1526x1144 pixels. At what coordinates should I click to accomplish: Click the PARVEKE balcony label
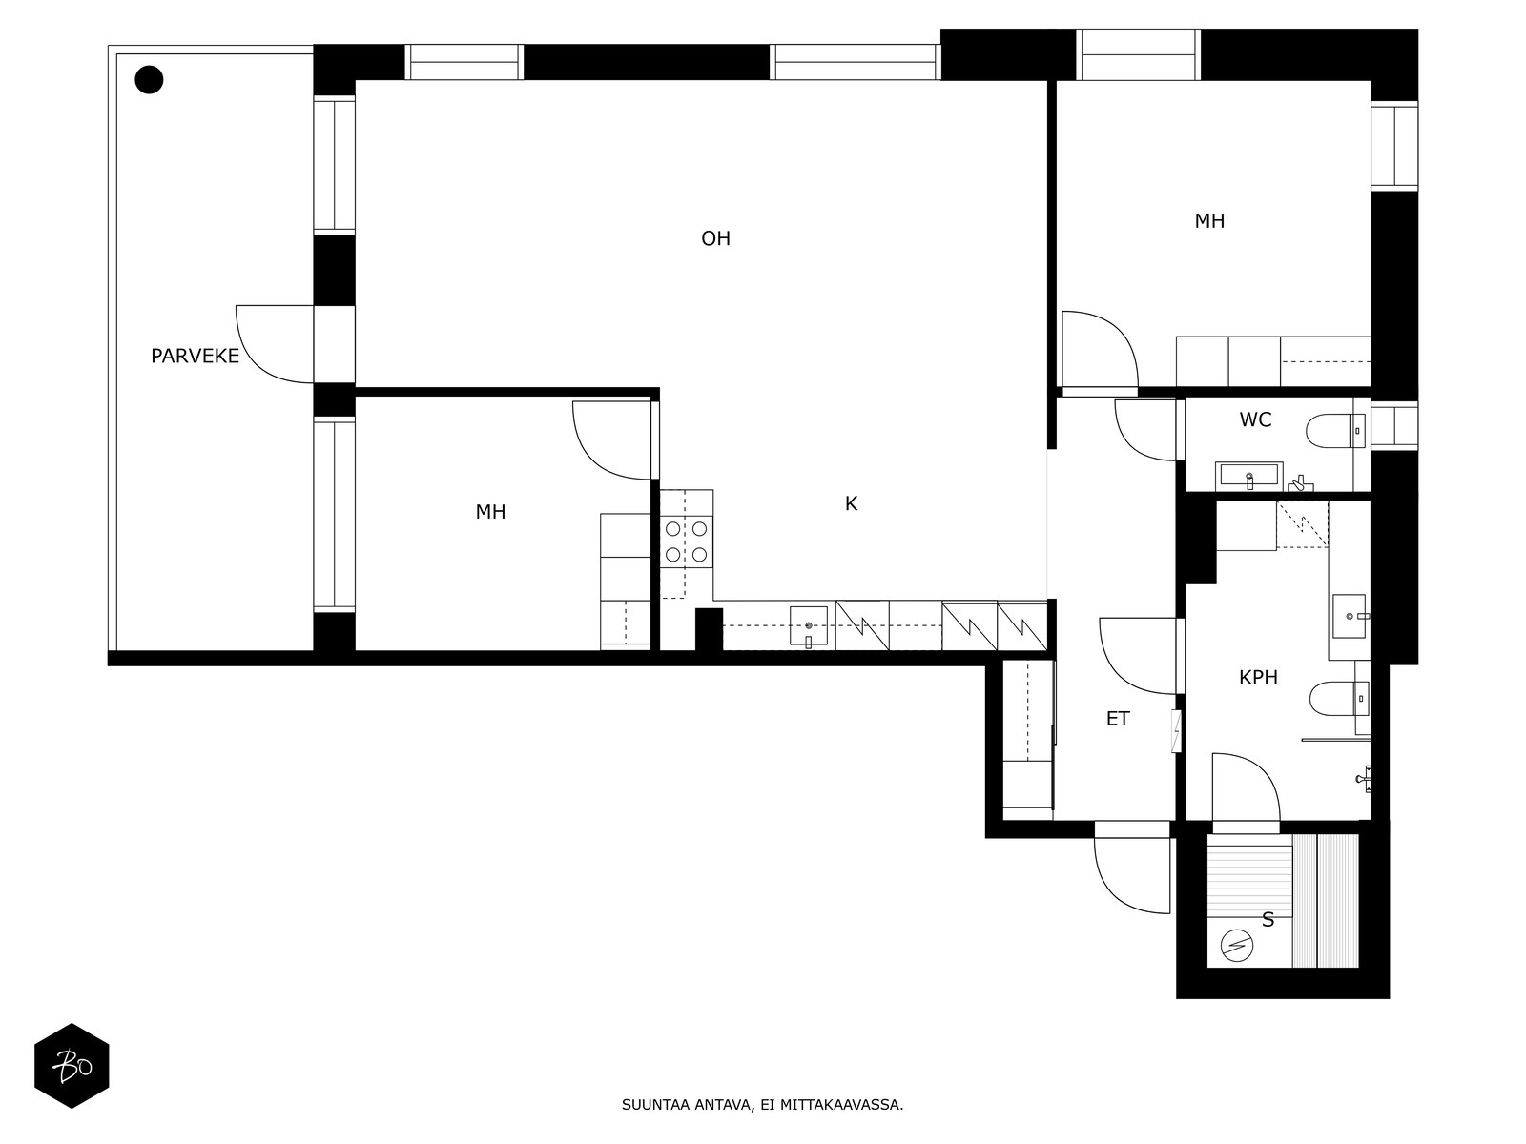[195, 357]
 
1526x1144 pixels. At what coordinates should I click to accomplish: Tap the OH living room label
[715, 239]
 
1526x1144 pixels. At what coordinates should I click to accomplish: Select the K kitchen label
[851, 504]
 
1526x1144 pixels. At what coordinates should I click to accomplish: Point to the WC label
[1255, 419]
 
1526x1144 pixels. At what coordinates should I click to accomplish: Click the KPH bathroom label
[1258, 677]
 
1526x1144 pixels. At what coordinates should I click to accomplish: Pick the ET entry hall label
[1118, 719]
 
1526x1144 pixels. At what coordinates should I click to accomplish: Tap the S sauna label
[1268, 920]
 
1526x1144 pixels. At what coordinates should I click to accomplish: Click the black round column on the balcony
[149, 80]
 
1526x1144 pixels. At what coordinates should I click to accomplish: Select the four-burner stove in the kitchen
[686, 541]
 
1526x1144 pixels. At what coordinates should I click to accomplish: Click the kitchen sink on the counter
[809, 625]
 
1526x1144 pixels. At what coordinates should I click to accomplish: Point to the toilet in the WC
[1335, 431]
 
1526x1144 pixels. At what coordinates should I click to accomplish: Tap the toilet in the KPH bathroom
[1339, 699]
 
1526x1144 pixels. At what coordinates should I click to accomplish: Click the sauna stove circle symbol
[1237, 946]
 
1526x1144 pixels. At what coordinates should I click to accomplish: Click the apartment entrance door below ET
[1132, 875]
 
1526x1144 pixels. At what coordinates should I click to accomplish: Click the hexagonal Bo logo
[72, 1066]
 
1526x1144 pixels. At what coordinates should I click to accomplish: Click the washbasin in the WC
[1249, 476]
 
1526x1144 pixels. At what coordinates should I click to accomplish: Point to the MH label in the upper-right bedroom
[1209, 221]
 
